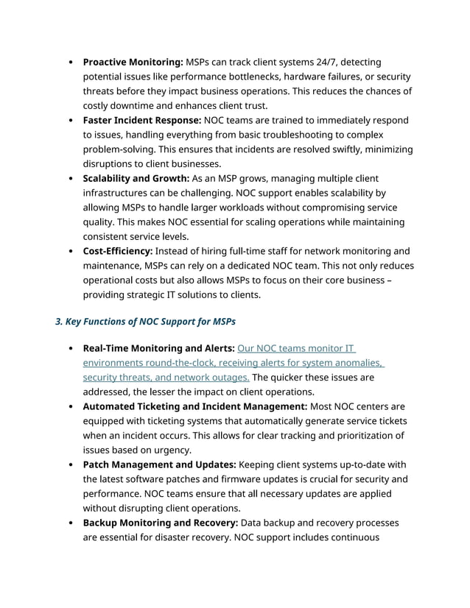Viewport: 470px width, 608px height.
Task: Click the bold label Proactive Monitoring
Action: click(x=133, y=62)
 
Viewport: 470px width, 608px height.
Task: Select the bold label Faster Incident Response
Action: click(x=141, y=120)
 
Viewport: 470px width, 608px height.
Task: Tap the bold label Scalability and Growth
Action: click(x=136, y=178)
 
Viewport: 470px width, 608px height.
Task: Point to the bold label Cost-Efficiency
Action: click(x=118, y=251)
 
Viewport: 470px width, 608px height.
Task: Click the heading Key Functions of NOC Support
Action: click(x=145, y=322)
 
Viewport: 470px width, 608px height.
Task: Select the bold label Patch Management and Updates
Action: click(x=159, y=464)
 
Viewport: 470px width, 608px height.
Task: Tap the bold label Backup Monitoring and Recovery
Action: click(x=160, y=523)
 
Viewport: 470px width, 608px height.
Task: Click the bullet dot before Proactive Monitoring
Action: click(x=70, y=63)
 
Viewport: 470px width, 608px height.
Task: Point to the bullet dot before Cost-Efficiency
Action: click(x=70, y=252)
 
